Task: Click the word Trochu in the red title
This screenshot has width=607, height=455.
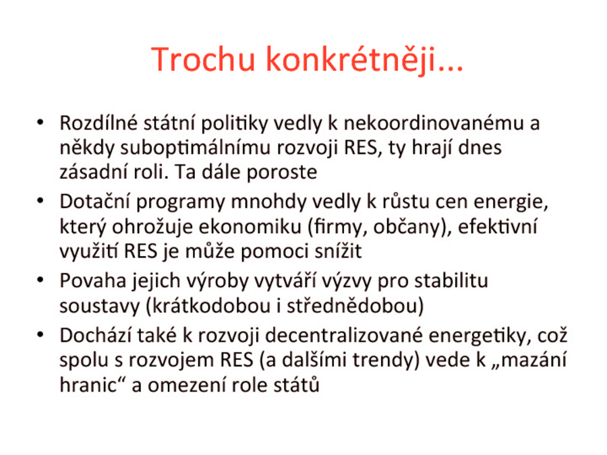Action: tap(203, 59)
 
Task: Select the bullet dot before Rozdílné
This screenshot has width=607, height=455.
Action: tap(40, 123)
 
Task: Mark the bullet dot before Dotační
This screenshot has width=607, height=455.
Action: tap(40, 201)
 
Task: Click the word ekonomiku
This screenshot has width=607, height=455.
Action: tap(250, 226)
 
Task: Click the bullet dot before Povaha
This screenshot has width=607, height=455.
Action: tap(40, 280)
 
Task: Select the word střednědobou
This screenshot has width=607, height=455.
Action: tap(352, 306)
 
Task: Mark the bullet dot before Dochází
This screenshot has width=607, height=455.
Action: tap(40, 335)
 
